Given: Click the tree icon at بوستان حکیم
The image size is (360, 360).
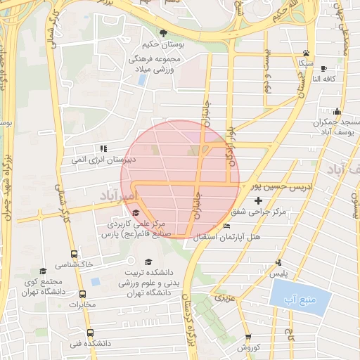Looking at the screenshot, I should coord(164,33).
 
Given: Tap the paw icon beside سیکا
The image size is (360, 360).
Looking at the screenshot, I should coord(306,53).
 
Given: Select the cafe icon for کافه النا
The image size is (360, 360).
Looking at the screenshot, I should coord(323,68).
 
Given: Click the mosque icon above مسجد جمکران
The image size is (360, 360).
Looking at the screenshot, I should coord(337,111).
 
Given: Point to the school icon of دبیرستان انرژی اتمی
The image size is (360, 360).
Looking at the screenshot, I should coord(103,148).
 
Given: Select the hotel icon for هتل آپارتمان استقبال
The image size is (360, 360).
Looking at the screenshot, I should coord(226,226).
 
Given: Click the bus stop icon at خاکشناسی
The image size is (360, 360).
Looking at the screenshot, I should coord(74,254).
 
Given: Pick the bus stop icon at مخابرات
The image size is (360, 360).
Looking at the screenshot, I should coord(82,295).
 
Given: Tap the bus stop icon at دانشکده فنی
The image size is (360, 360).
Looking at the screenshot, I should coord(89,333).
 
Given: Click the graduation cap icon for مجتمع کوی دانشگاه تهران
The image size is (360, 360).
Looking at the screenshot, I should coord(43,271).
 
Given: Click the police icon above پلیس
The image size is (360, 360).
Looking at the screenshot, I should coord(280,262).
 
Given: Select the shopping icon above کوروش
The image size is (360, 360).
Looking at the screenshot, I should coord(248,337).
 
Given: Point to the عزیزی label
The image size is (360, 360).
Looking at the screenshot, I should coord(223,298).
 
